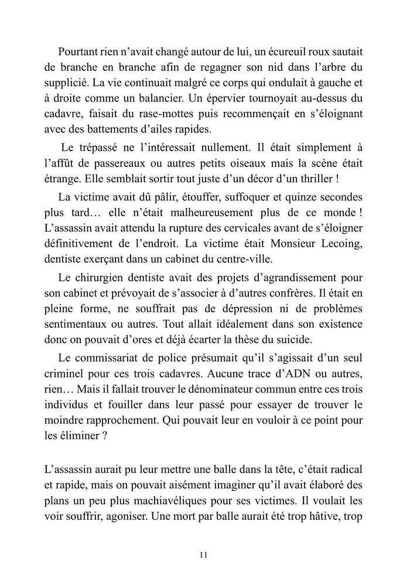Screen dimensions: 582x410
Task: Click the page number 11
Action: click(204, 554)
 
